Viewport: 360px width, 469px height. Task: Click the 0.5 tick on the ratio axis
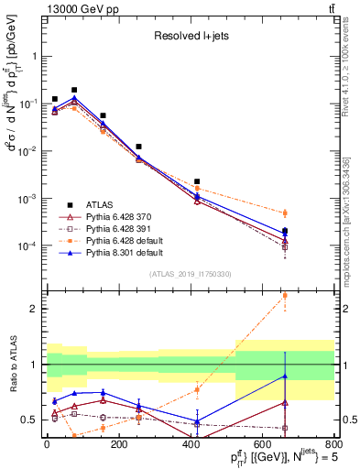coord(29,420)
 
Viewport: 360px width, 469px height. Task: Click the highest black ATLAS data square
coord(74,90)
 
